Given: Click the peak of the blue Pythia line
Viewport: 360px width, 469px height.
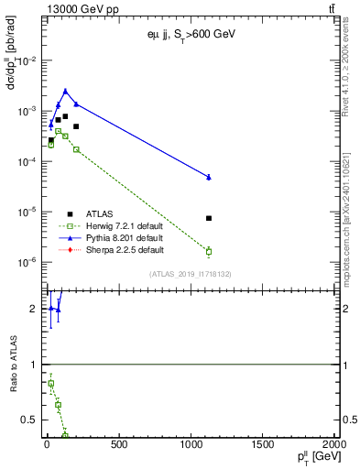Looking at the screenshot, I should click(x=65, y=91).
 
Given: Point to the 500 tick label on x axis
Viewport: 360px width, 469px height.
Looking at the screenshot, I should click(x=118, y=445).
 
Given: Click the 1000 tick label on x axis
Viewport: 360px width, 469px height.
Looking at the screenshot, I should click(x=191, y=445).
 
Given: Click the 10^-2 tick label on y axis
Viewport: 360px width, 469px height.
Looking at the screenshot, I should click(x=27, y=61).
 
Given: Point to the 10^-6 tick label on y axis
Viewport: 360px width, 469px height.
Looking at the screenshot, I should click(x=27, y=262).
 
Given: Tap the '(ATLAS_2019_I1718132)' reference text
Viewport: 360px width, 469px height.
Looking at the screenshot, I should click(x=191, y=274).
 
